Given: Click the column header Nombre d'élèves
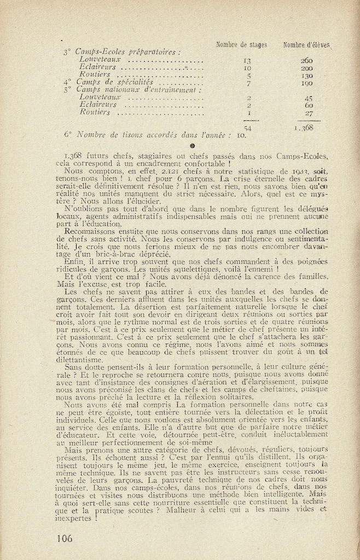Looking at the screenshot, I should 306,45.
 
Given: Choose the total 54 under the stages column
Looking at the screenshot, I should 247,127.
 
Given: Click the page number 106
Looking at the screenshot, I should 64,538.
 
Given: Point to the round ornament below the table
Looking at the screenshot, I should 191,146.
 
